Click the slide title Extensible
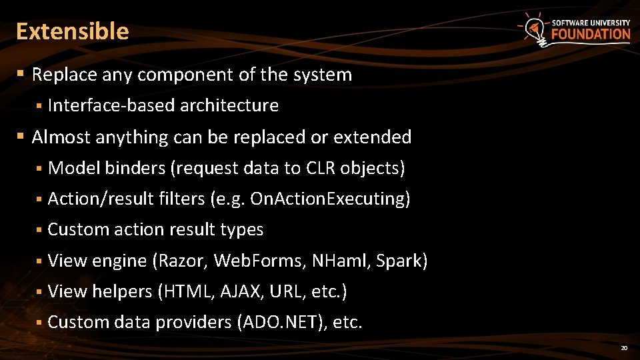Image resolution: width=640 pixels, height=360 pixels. tap(72, 31)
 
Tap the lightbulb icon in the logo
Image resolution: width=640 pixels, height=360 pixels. tap(533, 29)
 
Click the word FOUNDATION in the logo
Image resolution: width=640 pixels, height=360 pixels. tap(591, 35)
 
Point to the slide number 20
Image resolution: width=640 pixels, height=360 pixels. tap(624, 348)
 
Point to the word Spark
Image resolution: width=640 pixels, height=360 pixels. tap(399, 261)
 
